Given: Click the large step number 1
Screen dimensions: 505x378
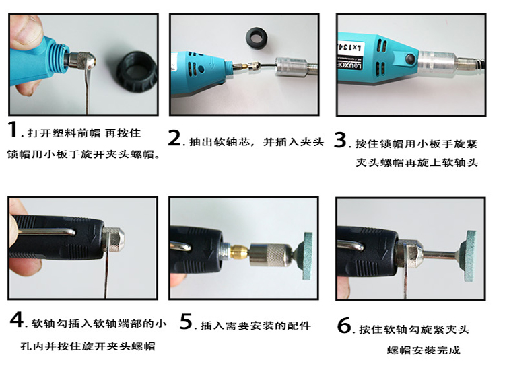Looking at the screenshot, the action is point(13,129).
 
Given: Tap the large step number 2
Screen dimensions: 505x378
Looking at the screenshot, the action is point(174,138).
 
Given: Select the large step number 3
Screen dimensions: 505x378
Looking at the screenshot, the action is point(341,140).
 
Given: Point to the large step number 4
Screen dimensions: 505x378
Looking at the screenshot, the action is point(17,319).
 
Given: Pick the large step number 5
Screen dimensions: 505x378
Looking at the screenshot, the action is point(186,322).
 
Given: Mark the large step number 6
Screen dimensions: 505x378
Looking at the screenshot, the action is point(344,326).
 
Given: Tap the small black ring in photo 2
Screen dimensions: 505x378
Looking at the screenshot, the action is point(257,38).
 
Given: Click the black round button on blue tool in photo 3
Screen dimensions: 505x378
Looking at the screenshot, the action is point(410,59).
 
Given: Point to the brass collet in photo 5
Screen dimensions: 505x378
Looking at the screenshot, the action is point(240,252).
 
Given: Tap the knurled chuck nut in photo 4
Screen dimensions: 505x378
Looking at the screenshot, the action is point(113,239).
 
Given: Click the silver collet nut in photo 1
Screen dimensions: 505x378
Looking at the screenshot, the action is point(83,60).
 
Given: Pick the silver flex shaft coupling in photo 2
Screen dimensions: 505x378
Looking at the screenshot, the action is point(292,67).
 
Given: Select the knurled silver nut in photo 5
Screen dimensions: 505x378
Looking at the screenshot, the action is point(271,255).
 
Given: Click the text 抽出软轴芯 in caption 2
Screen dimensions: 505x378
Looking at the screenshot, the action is point(219,142).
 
